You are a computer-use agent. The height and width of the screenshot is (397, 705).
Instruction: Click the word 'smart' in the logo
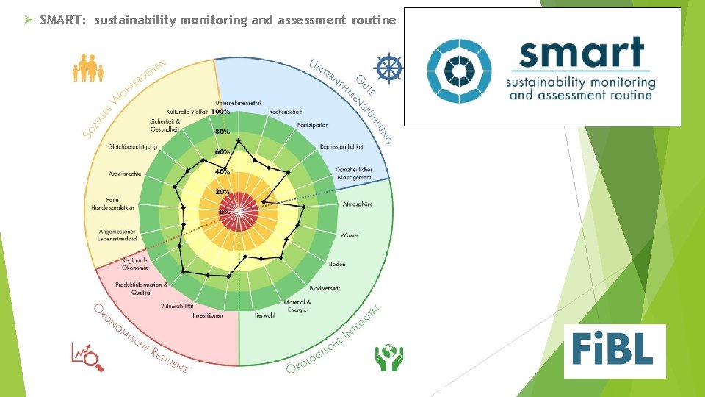[x=581, y=54]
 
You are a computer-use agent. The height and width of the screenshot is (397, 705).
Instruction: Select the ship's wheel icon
[x=388, y=68]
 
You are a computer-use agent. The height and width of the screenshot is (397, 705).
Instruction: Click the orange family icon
[x=87, y=68]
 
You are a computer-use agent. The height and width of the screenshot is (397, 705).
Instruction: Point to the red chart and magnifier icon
[x=87, y=356]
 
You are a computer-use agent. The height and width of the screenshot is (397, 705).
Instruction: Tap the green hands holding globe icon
[x=388, y=357]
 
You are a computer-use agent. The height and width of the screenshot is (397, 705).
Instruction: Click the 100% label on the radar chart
[x=220, y=112]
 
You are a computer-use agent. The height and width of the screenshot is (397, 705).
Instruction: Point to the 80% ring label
[x=222, y=132]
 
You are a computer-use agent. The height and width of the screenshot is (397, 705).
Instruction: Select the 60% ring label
[x=222, y=151]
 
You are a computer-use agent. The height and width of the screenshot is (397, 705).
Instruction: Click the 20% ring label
[x=222, y=191]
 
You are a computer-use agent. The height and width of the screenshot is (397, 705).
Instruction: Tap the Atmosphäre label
[x=358, y=204]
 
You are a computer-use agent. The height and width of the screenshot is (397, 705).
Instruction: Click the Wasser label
[x=350, y=235]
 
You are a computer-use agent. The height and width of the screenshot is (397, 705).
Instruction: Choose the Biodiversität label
[x=325, y=288]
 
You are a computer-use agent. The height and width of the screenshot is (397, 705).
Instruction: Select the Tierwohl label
[x=264, y=315]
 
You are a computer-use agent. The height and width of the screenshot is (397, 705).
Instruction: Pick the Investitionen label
[x=208, y=315]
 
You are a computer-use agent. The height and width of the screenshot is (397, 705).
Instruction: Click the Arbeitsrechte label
[x=125, y=174]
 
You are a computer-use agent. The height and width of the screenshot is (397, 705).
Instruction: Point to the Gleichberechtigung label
[x=132, y=146]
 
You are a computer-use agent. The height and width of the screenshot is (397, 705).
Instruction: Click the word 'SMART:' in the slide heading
[x=62, y=20]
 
